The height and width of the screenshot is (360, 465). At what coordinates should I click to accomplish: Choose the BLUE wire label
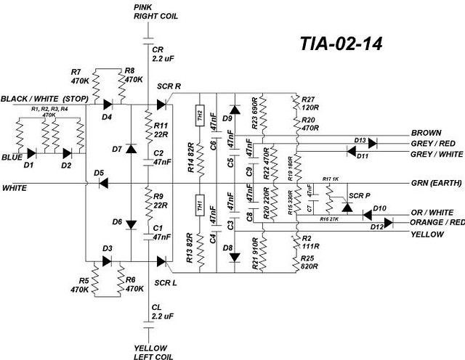10,156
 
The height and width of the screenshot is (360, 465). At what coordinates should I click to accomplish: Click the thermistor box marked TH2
198,115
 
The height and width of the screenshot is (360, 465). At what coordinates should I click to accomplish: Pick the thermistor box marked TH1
198,206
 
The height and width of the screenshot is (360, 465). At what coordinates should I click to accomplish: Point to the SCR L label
167,282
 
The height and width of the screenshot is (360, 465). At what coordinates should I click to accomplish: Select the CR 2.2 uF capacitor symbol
148,37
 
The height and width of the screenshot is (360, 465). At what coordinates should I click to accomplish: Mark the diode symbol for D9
234,109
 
